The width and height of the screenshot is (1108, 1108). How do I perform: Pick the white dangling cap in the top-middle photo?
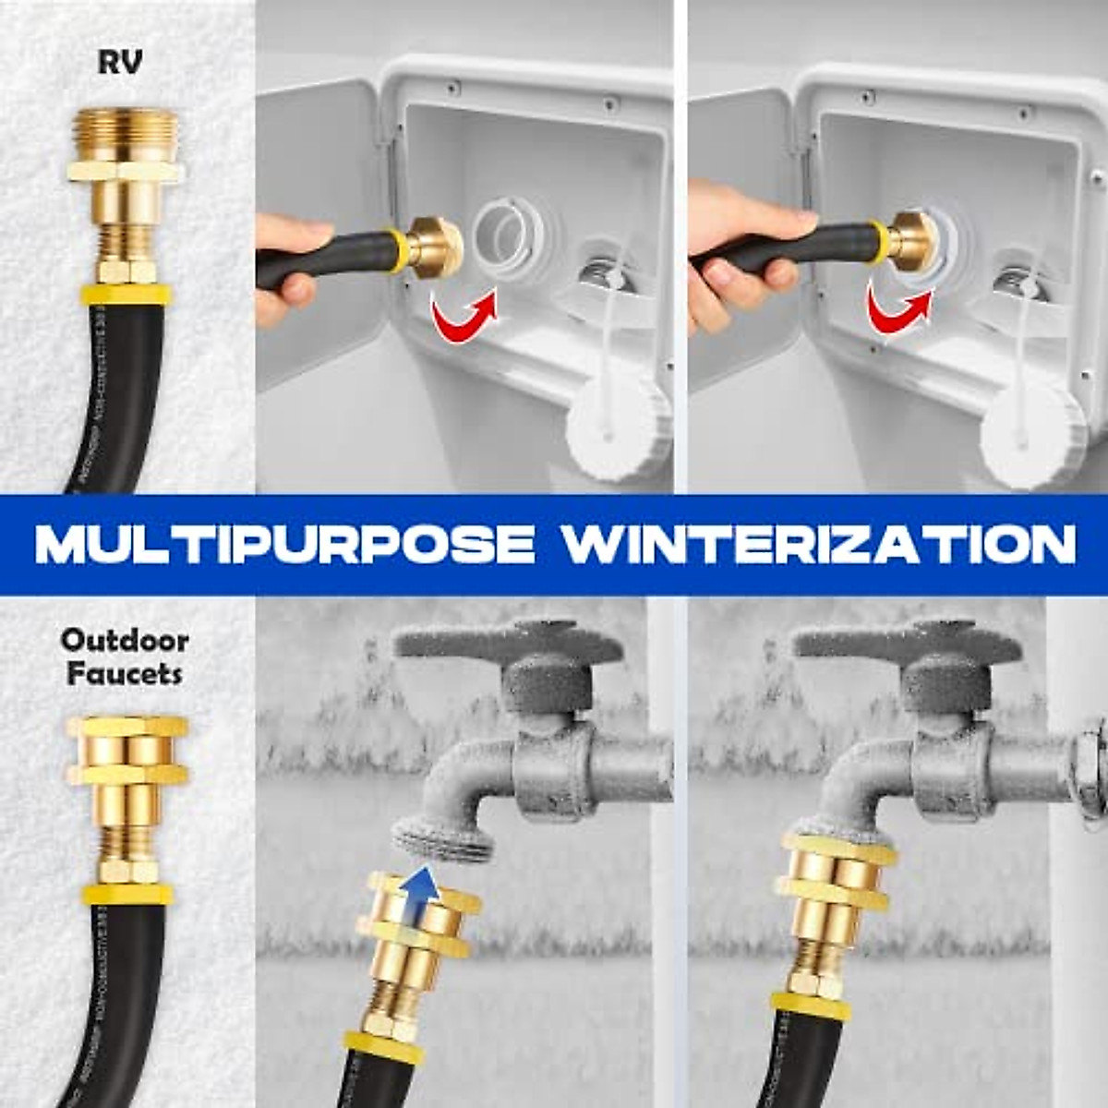pos(617,425)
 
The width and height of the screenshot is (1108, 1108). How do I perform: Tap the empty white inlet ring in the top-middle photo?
pos(504,242)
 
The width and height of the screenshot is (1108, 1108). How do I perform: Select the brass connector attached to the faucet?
pos(836,886)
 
